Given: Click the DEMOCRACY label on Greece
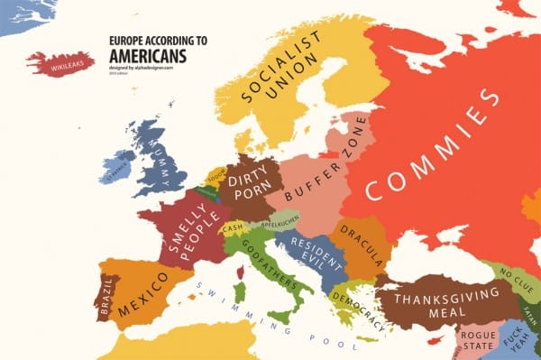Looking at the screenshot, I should click(x=354, y=300).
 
